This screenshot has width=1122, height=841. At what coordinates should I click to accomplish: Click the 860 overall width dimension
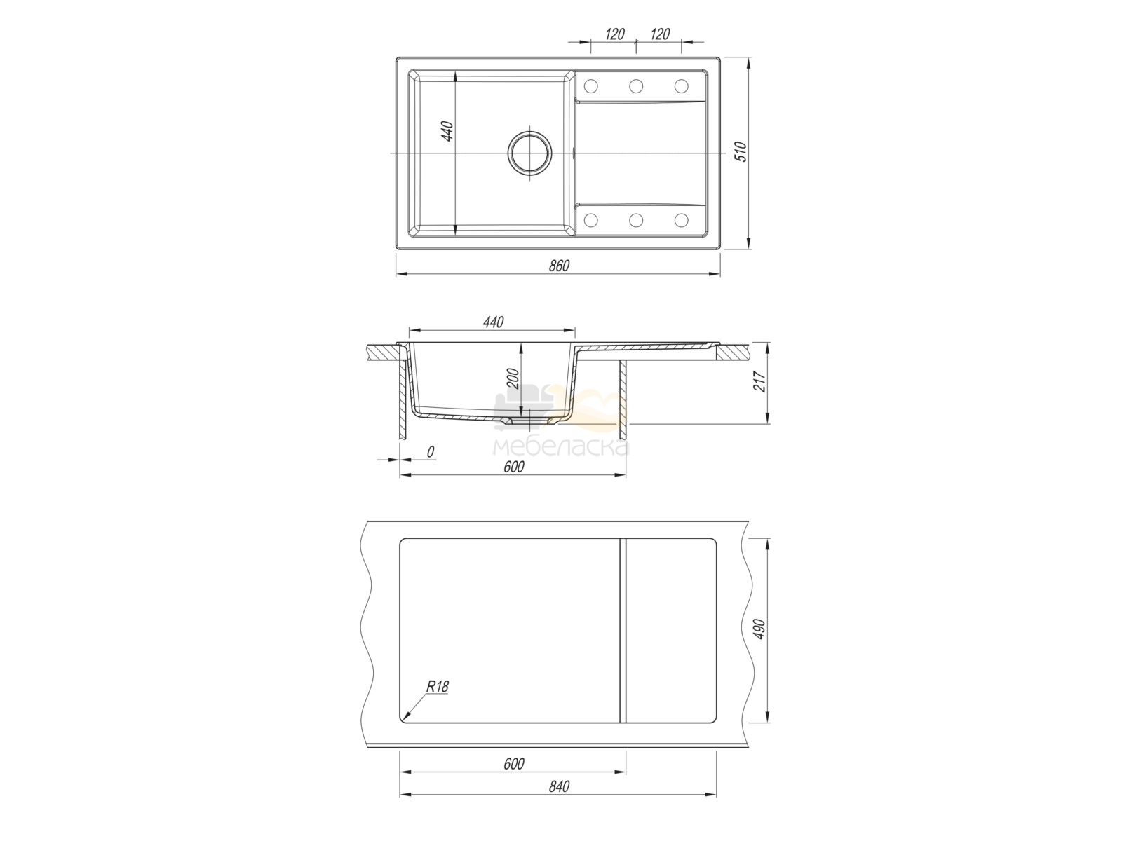coord(559,266)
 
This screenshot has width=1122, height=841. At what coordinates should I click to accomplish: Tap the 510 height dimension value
coord(741,151)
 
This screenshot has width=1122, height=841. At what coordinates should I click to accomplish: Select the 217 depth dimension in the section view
coord(761,381)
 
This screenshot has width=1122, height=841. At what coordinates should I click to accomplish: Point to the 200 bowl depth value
coord(513,378)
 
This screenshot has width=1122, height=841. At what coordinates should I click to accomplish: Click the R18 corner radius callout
coord(438,687)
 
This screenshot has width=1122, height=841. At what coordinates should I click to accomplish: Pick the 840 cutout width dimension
coord(559,800)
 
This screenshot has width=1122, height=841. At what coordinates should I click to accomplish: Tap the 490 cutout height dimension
coord(759,629)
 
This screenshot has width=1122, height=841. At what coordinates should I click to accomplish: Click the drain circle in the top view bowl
coord(530,153)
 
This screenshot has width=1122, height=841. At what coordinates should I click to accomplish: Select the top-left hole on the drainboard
coord(590,86)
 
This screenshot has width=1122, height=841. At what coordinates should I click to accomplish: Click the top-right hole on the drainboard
coord(681,86)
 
